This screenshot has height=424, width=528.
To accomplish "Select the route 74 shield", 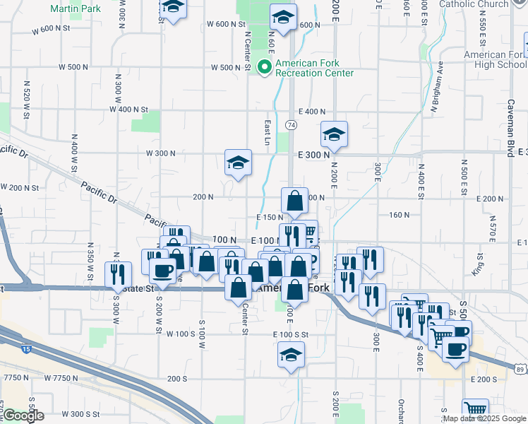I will [x=291, y=124].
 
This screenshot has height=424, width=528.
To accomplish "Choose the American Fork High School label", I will [x=495, y=59].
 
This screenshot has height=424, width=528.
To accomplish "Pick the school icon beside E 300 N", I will [x=335, y=134].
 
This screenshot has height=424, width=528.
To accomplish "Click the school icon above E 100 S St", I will [x=291, y=355].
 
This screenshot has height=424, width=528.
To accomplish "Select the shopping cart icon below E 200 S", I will [x=475, y=410].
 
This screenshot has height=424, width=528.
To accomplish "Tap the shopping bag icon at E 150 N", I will [x=294, y=201].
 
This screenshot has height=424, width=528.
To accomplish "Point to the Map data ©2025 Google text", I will [x=484, y=418].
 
